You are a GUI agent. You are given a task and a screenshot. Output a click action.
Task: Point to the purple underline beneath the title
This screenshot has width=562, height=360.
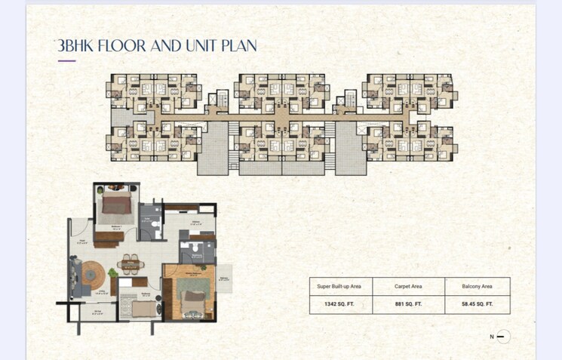coord(66,61)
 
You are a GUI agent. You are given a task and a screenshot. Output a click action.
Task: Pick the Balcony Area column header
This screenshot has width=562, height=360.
coord(476,286)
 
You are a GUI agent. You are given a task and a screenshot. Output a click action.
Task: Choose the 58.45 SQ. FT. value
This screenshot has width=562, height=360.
coord(476,303)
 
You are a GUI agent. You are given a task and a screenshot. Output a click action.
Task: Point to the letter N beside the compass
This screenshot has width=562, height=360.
coord(491,337)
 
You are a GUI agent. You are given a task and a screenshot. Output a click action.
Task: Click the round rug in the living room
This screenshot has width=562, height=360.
coord(96,272)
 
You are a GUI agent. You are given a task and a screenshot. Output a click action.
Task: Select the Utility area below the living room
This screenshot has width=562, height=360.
coord(98,312)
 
